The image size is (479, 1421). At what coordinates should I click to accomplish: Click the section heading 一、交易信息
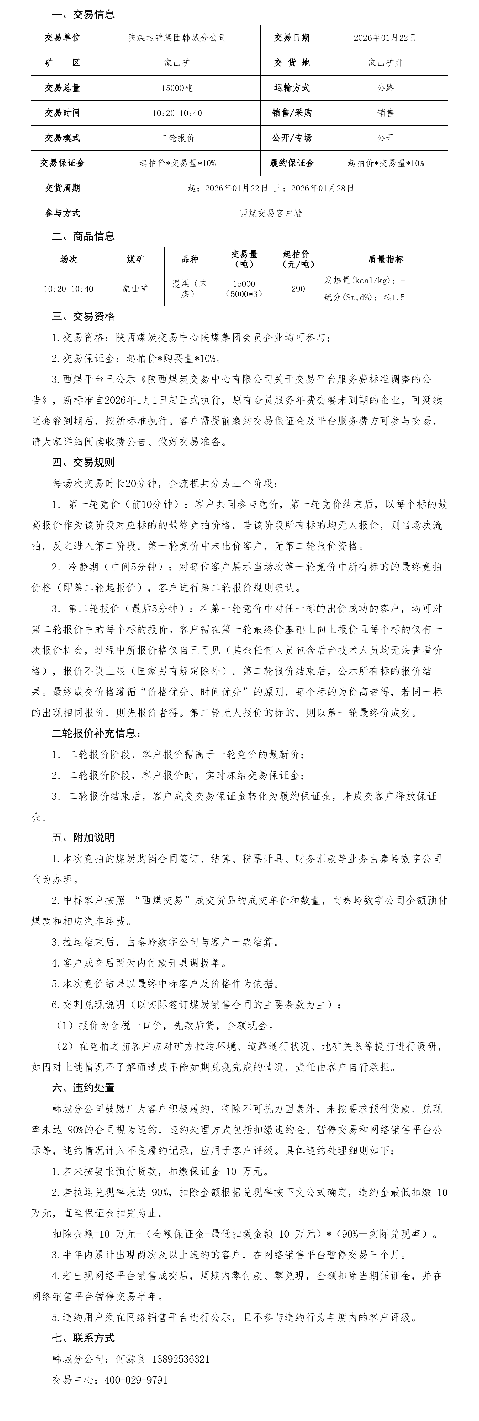click(x=83, y=14)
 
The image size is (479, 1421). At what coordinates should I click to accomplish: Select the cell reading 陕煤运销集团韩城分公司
click(x=177, y=37)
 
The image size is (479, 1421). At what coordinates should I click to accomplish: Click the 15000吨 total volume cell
click(x=177, y=88)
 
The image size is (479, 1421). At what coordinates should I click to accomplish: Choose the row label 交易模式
click(x=62, y=138)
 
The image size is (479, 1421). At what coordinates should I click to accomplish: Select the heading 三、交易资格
click(x=83, y=317)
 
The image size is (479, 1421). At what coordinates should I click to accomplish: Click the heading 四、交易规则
click(x=83, y=462)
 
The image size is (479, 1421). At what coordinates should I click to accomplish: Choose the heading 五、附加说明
click(x=83, y=837)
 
